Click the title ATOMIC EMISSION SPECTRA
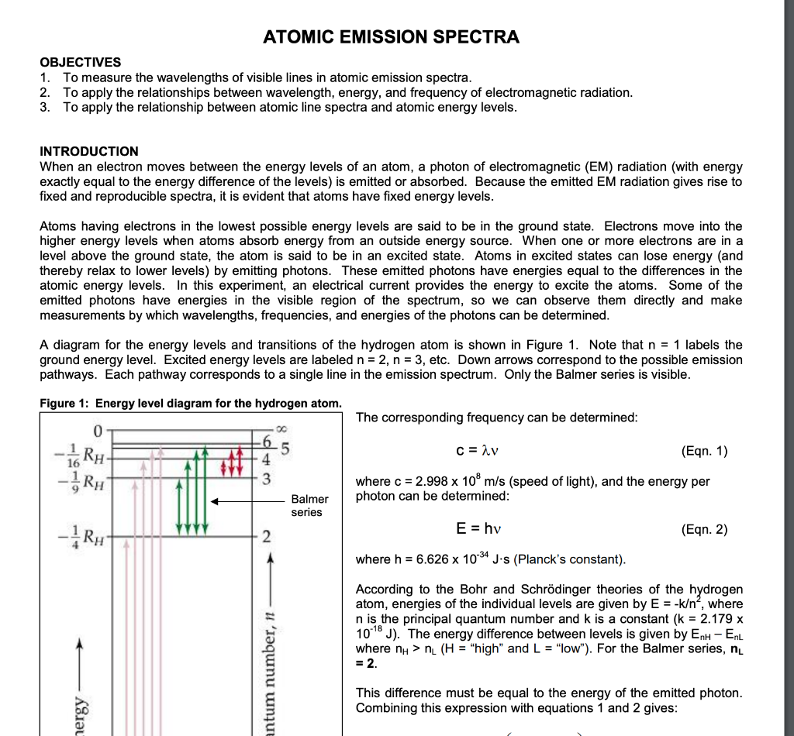[391, 36]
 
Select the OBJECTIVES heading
[80, 62]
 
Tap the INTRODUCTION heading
[89, 151]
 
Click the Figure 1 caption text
[190, 403]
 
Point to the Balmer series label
[309, 506]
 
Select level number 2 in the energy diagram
[266, 538]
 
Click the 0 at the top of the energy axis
[98, 430]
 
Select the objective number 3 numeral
[44, 107]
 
